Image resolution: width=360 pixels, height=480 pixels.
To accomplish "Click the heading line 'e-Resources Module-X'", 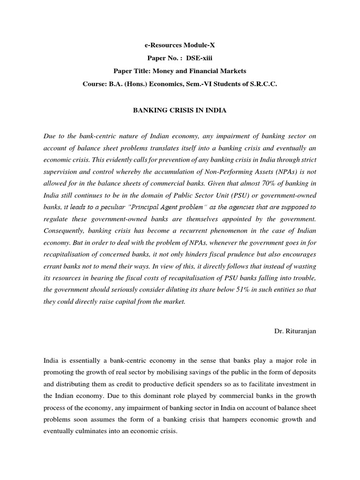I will click(180, 45).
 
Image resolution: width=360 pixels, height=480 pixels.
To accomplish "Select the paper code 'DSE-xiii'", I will click(194, 58).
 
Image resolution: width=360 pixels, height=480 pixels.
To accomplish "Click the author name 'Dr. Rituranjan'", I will click(295, 331).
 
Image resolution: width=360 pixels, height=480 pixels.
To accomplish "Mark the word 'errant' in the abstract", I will click(53, 266).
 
